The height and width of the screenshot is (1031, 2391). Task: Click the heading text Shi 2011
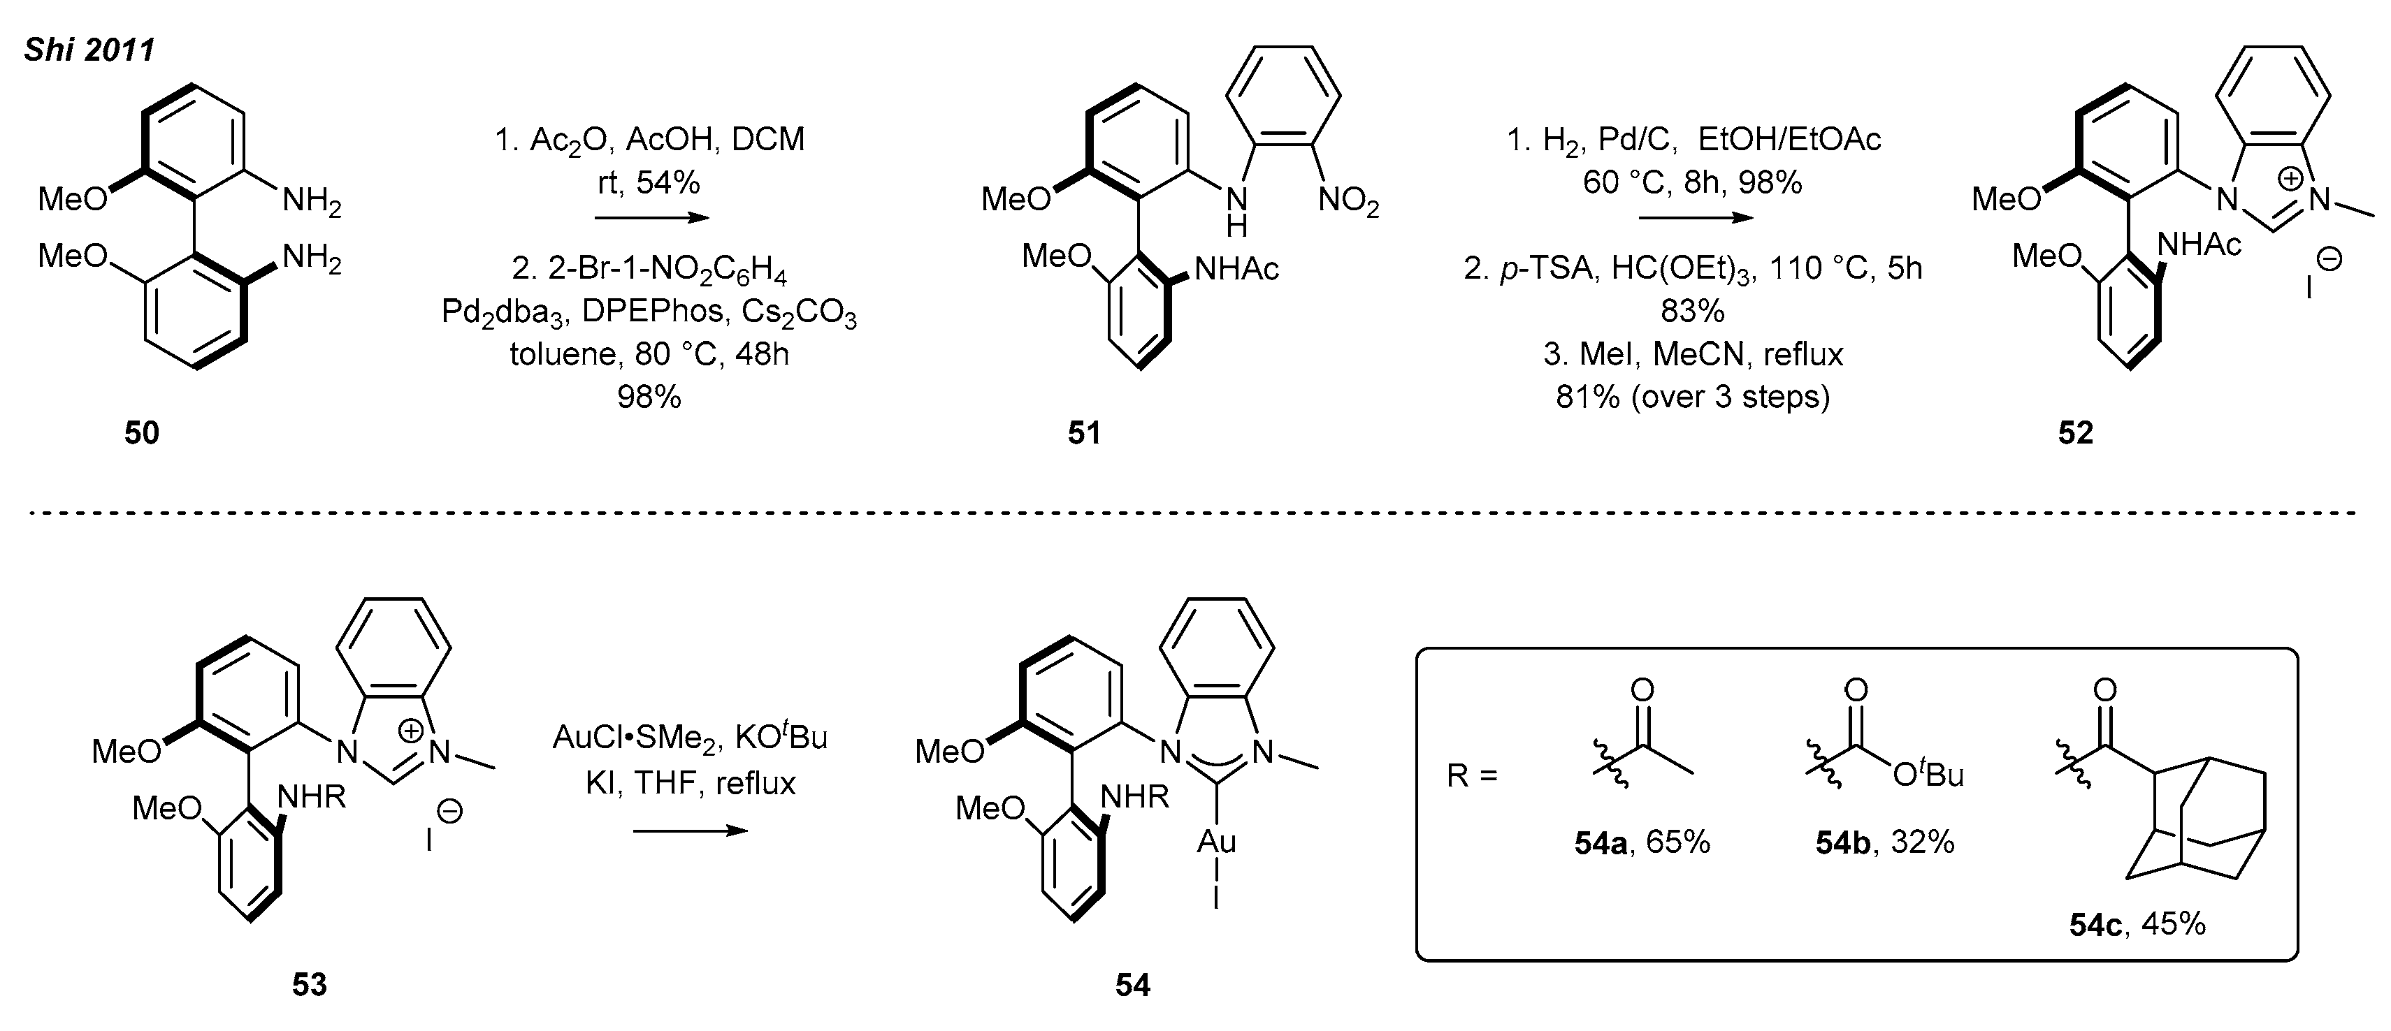(x=89, y=49)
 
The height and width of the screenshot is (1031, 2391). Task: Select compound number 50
(x=142, y=432)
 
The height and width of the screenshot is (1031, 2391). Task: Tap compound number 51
(x=1083, y=432)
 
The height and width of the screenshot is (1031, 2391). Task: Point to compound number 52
(x=2075, y=432)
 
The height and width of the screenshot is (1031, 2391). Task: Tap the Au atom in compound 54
(x=1216, y=841)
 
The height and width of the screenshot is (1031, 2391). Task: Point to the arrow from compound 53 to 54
(x=690, y=831)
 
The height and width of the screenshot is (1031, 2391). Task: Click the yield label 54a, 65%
(x=1642, y=842)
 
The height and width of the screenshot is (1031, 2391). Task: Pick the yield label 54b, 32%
(x=1885, y=842)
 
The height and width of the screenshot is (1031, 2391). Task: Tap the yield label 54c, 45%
(x=2137, y=924)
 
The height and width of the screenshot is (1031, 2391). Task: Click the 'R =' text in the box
(x=1472, y=775)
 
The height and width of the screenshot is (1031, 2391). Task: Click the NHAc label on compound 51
(x=1236, y=269)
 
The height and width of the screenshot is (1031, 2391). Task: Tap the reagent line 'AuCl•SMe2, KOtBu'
(x=690, y=737)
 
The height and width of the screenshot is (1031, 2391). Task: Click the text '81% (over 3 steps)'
(x=1693, y=397)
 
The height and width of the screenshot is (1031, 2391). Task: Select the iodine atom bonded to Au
(x=1216, y=898)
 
